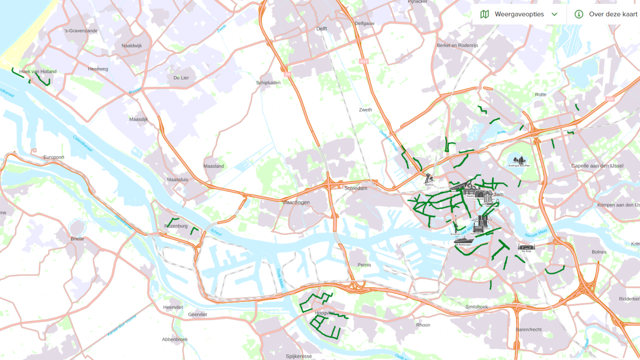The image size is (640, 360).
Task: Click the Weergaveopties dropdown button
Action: click(519, 14)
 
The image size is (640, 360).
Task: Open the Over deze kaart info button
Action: click(606, 14)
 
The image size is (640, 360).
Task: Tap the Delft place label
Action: click(321, 29)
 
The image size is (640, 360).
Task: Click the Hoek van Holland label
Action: click(38, 71)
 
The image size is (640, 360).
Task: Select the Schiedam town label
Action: click(355, 188)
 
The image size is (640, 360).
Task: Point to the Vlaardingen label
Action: click(296, 202)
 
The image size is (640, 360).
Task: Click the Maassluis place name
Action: click(177, 179)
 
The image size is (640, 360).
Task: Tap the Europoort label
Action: click(54, 157)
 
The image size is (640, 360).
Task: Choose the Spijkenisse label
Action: click(299, 356)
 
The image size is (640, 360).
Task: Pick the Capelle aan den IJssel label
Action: click(597, 166)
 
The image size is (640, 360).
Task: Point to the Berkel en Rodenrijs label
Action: click(457, 45)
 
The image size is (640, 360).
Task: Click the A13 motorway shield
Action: click(363, 61)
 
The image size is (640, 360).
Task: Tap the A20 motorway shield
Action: click(610, 99)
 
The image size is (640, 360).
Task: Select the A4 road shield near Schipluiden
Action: click(288, 74)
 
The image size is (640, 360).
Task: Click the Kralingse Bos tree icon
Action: click(519, 160)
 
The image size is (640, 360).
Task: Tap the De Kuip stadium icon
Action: click(526, 247)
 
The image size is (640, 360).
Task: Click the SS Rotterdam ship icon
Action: click(463, 240)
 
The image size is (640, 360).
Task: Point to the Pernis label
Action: click(364, 265)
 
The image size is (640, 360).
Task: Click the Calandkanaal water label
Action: click(83, 143)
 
